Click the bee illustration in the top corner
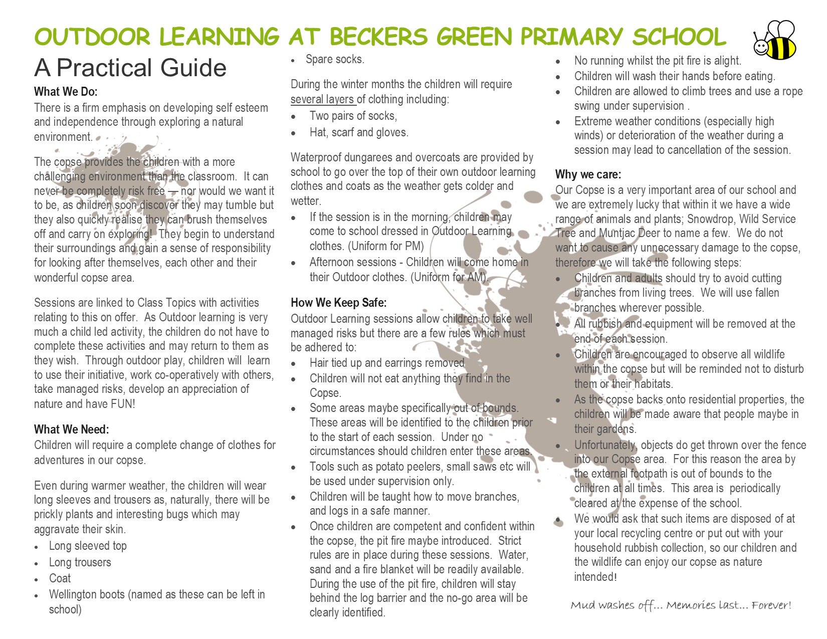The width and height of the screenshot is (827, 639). tap(775, 40)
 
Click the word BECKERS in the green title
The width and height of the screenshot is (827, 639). tap(378, 37)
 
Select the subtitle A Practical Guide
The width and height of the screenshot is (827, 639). tap(130, 68)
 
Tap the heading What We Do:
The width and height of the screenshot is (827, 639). tap(66, 92)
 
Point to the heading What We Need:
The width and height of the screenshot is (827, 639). tap(71, 430)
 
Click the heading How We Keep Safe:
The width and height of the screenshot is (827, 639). tap(339, 303)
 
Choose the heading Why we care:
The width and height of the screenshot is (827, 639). tap(588, 174)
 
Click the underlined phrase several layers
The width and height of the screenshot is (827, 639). tap(323, 99)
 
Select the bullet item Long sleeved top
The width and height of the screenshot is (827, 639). tap(88, 546)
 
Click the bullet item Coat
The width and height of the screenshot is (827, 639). tap(60, 578)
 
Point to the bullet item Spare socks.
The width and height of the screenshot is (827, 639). tap(335, 59)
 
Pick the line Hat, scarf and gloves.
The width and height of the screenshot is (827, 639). tap(359, 132)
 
